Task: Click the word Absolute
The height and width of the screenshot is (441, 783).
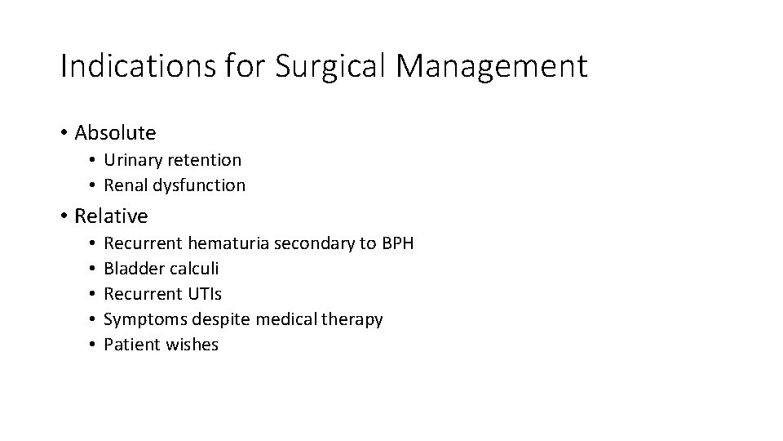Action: pyautogui.click(x=115, y=131)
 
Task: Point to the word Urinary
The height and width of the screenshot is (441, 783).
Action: pyautogui.click(x=132, y=159)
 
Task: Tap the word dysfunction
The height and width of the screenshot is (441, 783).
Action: pyautogui.click(x=199, y=185)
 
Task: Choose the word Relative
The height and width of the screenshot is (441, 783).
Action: pyautogui.click(x=111, y=216)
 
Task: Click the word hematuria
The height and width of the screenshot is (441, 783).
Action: pyautogui.click(x=230, y=243)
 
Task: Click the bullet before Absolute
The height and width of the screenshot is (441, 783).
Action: pyautogui.click(x=64, y=132)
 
